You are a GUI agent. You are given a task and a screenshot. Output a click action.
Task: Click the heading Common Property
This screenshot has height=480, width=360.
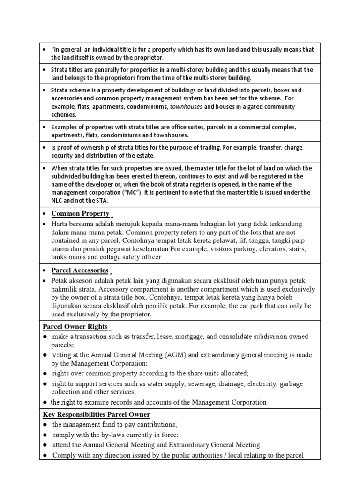click(x=80, y=214)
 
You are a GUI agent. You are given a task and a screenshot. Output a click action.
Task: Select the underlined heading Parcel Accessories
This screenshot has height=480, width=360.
click(x=80, y=270)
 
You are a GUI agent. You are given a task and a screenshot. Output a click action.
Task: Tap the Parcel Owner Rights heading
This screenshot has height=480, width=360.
click(x=75, y=327)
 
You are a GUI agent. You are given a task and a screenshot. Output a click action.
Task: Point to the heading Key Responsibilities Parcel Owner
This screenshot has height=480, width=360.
click(x=97, y=414)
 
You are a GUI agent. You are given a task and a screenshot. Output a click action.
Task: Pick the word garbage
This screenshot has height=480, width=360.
click(x=291, y=384)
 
